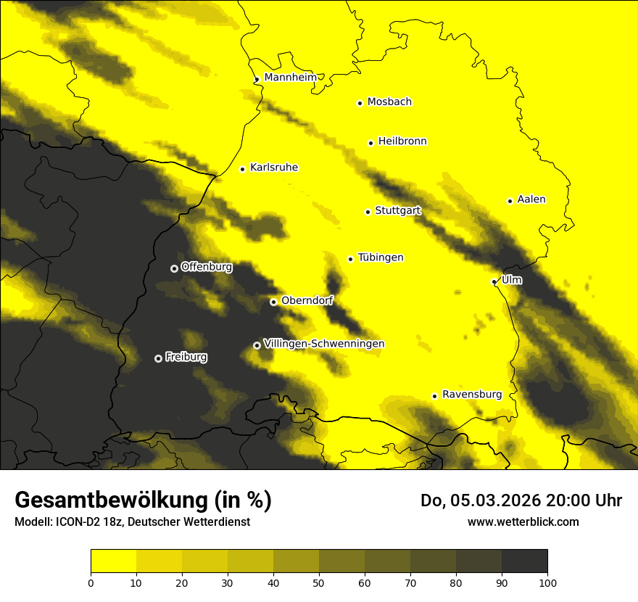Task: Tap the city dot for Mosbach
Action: click(x=360, y=103)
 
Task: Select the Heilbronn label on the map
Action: click(x=402, y=141)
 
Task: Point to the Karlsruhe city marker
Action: click(x=242, y=169)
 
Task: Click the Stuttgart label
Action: click(x=397, y=211)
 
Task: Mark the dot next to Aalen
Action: click(x=510, y=201)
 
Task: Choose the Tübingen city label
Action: click(x=381, y=257)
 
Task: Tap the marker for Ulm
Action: click(x=494, y=281)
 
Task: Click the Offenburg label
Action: click(x=207, y=267)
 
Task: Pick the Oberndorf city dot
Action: click(x=273, y=302)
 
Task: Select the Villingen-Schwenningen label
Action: click(x=324, y=344)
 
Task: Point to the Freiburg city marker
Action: click(x=158, y=358)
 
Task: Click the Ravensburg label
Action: click(x=472, y=395)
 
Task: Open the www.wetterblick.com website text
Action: click(x=523, y=521)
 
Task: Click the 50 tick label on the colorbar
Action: click(x=319, y=582)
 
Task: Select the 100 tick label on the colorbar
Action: click(x=547, y=582)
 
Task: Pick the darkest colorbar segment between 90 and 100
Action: click(x=524, y=561)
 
